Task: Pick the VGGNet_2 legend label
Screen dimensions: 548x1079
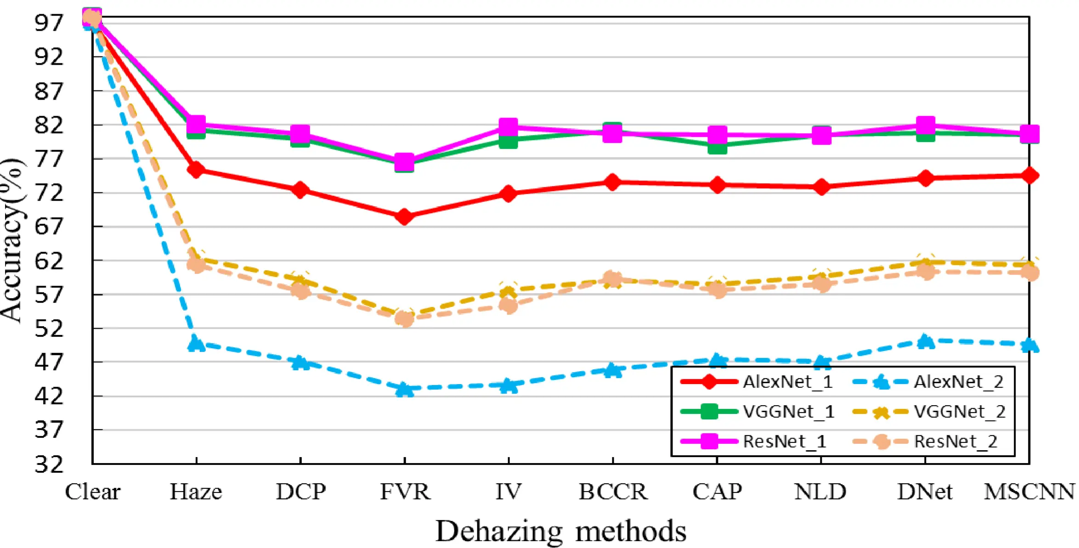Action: point(960,412)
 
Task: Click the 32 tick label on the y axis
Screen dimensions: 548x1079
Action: point(49,464)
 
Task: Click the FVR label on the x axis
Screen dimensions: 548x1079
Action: point(405,492)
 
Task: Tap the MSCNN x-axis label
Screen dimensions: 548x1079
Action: point(1029,492)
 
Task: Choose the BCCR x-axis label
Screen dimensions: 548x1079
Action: point(613,492)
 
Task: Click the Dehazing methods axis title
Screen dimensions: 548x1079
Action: point(560,531)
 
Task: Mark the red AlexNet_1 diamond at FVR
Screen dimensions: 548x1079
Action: point(405,216)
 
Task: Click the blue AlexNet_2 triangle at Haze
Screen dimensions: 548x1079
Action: point(197,344)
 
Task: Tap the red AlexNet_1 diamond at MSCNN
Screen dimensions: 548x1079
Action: point(1029,175)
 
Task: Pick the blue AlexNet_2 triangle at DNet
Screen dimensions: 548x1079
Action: point(925,341)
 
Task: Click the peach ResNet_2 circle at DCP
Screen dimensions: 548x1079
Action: point(301,290)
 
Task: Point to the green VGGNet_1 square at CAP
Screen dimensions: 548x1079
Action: point(717,147)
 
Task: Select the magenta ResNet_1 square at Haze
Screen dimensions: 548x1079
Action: point(197,124)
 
